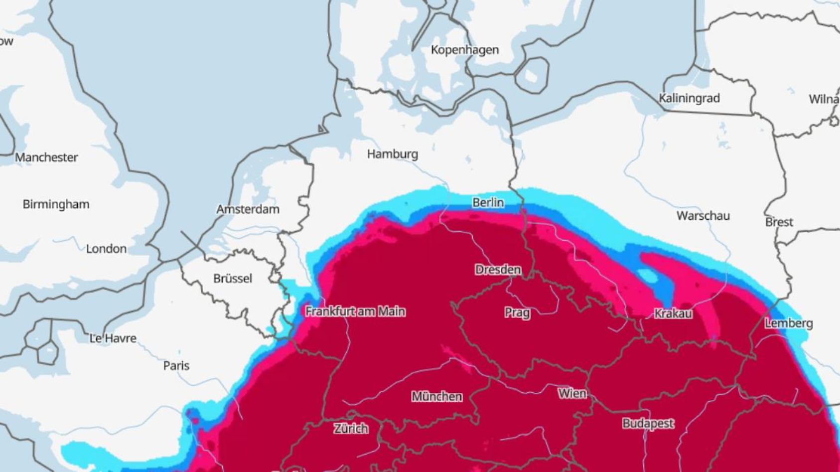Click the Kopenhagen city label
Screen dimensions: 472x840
pyautogui.click(x=464, y=50)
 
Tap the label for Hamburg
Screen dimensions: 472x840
pyautogui.click(x=392, y=154)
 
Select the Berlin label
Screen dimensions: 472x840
pyautogui.click(x=488, y=202)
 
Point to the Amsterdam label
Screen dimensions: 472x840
pyautogui.click(x=248, y=209)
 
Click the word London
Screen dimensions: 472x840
pyautogui.click(x=106, y=249)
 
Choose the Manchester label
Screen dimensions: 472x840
pyautogui.click(x=46, y=157)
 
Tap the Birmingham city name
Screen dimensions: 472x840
pyautogui.click(x=56, y=204)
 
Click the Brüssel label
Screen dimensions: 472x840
pyautogui.click(x=232, y=279)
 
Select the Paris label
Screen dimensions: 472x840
pyautogui.click(x=176, y=366)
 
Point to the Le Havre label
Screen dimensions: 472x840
pyautogui.click(x=113, y=338)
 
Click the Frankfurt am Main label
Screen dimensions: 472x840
pyautogui.click(x=355, y=312)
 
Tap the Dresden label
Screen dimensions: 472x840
pyautogui.click(x=498, y=270)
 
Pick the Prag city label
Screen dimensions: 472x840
pyautogui.click(x=517, y=313)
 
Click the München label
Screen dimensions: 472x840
pyautogui.click(x=436, y=397)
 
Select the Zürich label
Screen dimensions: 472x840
pyautogui.click(x=351, y=429)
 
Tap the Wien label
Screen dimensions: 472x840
pyautogui.click(x=572, y=393)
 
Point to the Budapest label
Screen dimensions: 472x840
pyautogui.click(x=648, y=424)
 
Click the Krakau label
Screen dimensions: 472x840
pyautogui.click(x=673, y=314)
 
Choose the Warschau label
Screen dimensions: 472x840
pyautogui.click(x=703, y=216)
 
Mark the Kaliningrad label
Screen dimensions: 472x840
pyautogui.click(x=689, y=98)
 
